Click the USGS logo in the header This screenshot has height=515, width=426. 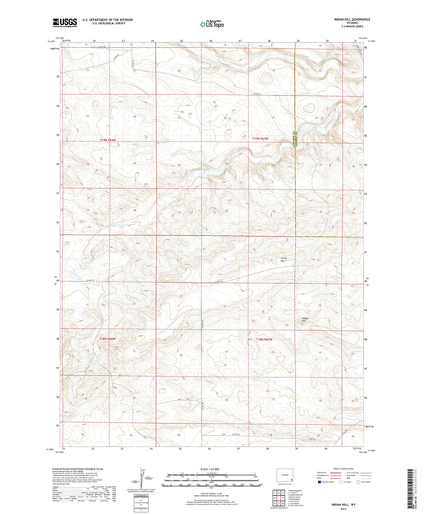(63, 23)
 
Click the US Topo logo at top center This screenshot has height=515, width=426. (212, 24)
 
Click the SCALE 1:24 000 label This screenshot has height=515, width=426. (212, 469)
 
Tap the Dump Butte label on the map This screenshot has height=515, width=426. (282, 258)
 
